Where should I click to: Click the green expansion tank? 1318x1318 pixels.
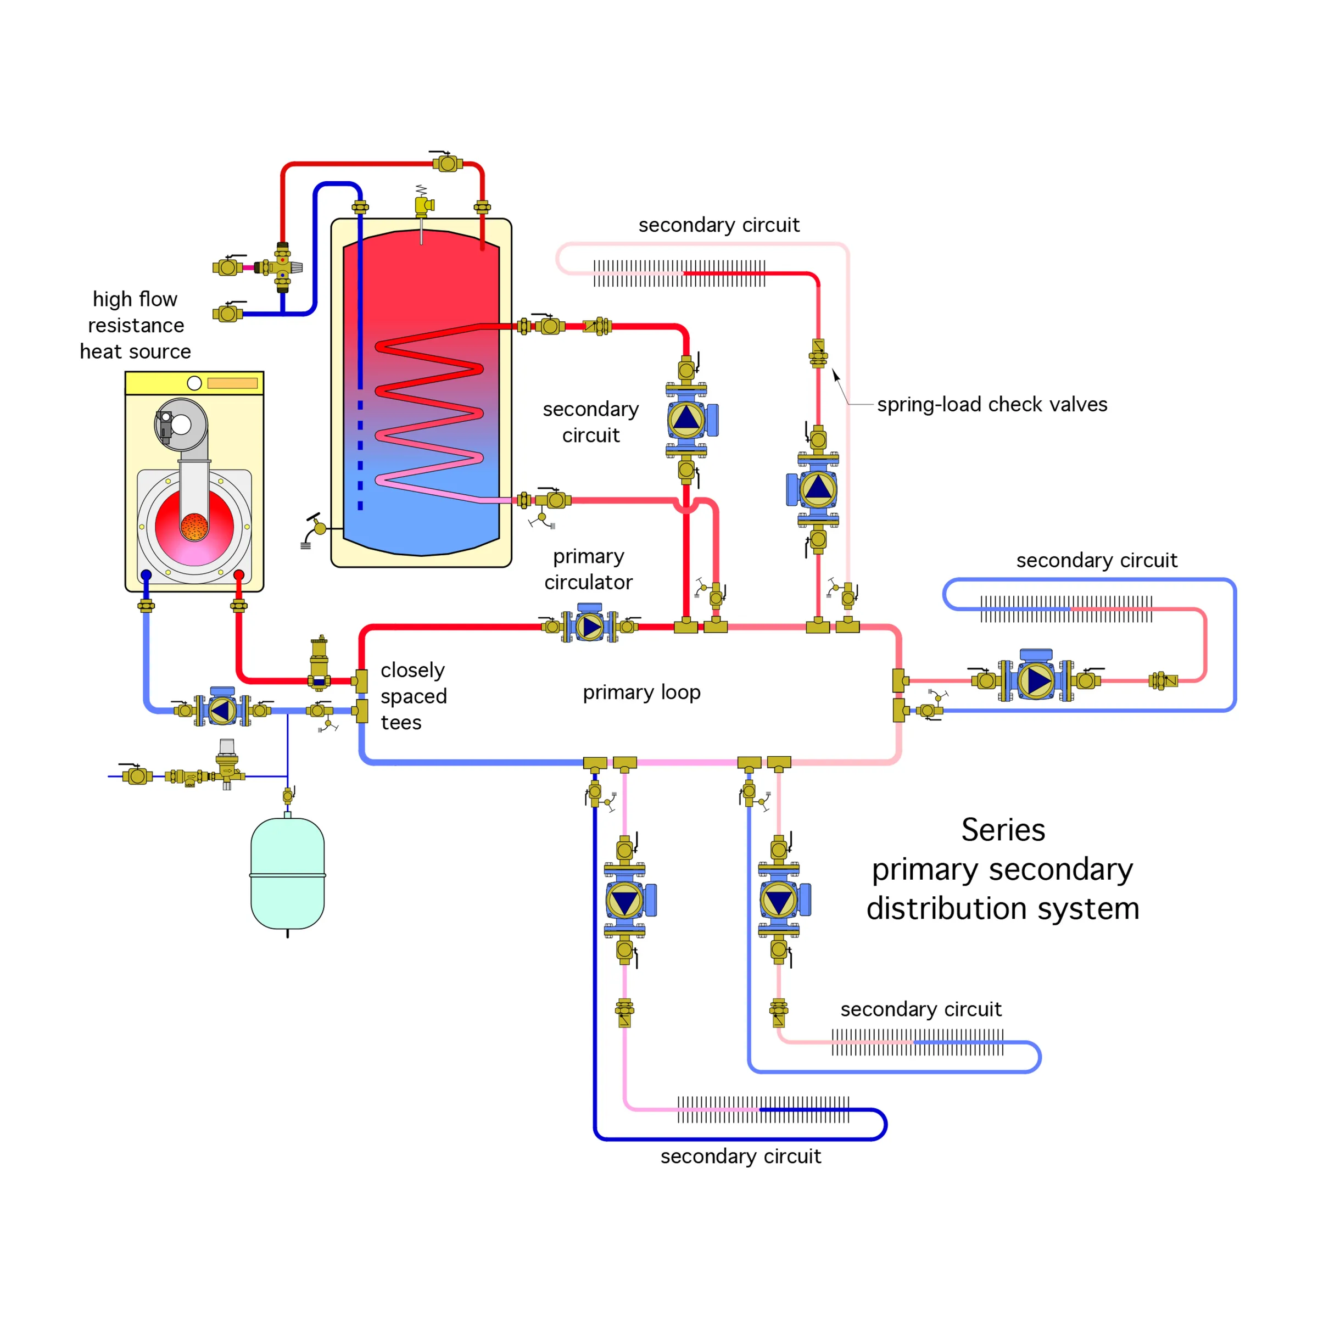pos(287,873)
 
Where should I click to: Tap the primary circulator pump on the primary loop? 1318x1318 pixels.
pos(590,625)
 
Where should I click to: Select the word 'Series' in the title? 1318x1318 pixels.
pos(1003,830)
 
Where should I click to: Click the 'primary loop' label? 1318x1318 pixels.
pos(641,692)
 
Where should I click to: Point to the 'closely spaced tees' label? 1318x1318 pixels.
pos(414,696)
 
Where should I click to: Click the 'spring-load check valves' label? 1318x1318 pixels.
pos(992,405)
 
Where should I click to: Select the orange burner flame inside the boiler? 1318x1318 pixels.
pos(194,527)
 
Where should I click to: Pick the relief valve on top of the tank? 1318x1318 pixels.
pos(423,205)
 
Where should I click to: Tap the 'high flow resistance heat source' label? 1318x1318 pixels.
pos(135,326)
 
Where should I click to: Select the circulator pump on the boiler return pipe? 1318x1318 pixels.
pos(222,710)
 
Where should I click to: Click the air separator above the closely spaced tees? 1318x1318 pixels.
pos(319,662)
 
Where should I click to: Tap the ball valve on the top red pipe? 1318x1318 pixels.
pos(448,164)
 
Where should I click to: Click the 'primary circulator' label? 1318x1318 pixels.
pos(588,569)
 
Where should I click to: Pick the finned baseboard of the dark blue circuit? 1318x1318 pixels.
pos(763,1110)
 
